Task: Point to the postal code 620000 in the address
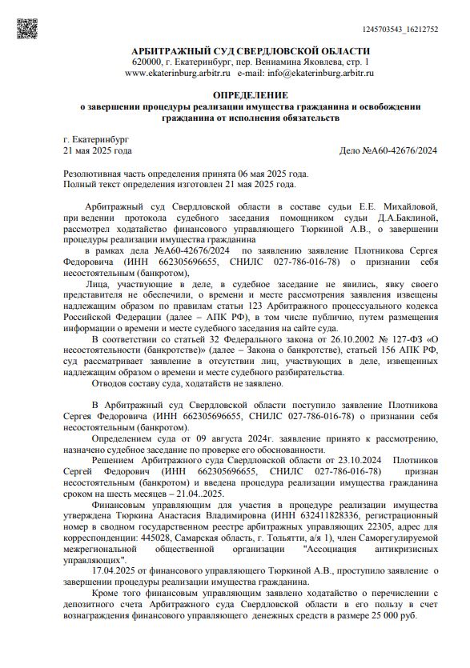(x=149, y=62)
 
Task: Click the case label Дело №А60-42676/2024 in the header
(x=388, y=150)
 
